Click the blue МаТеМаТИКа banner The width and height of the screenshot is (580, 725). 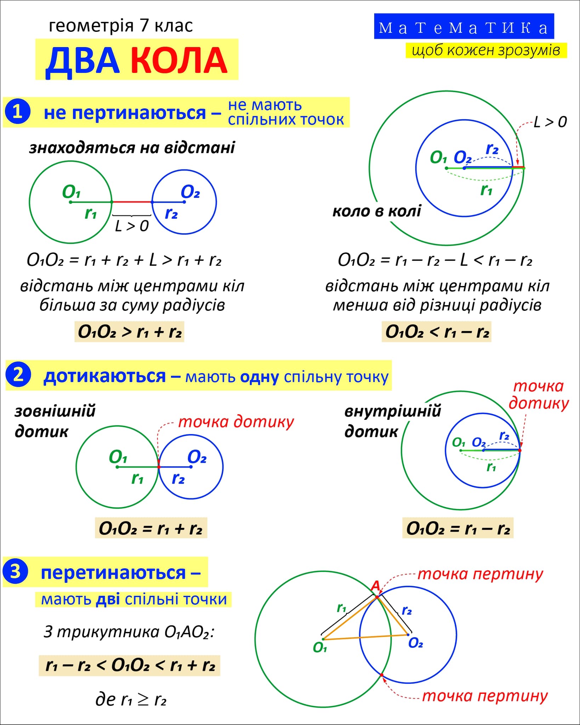(464, 27)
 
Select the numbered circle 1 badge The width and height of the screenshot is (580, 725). (18, 112)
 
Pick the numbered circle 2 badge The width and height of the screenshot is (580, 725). (18, 375)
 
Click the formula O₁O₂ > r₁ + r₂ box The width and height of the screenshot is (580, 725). (129, 332)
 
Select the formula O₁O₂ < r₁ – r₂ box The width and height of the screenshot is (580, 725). (437, 332)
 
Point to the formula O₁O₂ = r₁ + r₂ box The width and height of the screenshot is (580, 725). (151, 528)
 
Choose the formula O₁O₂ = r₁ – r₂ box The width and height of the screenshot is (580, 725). (458, 528)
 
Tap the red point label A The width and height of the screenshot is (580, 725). (375, 586)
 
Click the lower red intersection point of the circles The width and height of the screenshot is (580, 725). (382, 675)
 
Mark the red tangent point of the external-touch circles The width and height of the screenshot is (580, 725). (159, 467)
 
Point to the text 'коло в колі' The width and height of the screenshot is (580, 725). (377, 211)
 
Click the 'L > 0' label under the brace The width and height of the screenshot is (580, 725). (132, 226)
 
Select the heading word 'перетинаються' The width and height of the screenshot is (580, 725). (113, 572)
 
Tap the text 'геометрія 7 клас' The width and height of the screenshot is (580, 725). (121, 26)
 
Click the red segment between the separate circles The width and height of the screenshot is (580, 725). (132, 202)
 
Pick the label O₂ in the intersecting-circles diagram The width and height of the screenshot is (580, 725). (415, 643)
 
